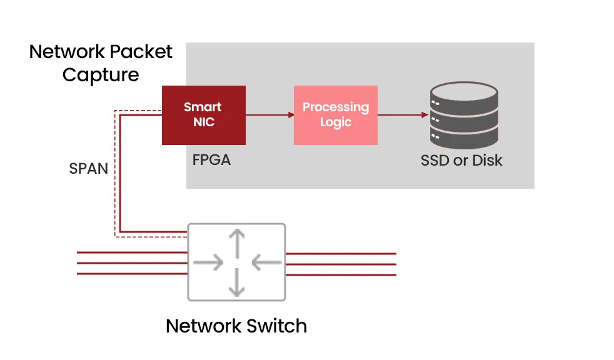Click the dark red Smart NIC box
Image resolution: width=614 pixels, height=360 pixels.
[203, 115]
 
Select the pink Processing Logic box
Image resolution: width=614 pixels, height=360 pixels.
[336, 115]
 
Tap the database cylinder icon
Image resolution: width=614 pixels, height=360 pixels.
[464, 115]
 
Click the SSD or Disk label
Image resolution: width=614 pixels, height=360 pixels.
[461, 161]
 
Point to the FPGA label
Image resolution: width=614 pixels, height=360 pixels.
[211, 160]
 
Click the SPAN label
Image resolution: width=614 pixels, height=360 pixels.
[88, 169]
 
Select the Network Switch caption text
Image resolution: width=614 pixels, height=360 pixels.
[236, 326]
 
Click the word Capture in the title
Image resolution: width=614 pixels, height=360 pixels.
[101, 74]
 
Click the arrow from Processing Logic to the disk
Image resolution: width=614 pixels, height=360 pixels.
[403, 115]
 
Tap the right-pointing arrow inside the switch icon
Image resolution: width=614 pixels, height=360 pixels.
[209, 262]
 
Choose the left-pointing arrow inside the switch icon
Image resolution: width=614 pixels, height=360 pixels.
[265, 262]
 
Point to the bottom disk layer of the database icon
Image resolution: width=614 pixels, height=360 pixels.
[464, 135]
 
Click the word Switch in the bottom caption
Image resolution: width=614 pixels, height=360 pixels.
[275, 326]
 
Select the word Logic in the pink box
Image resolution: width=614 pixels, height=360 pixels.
[336, 122]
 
